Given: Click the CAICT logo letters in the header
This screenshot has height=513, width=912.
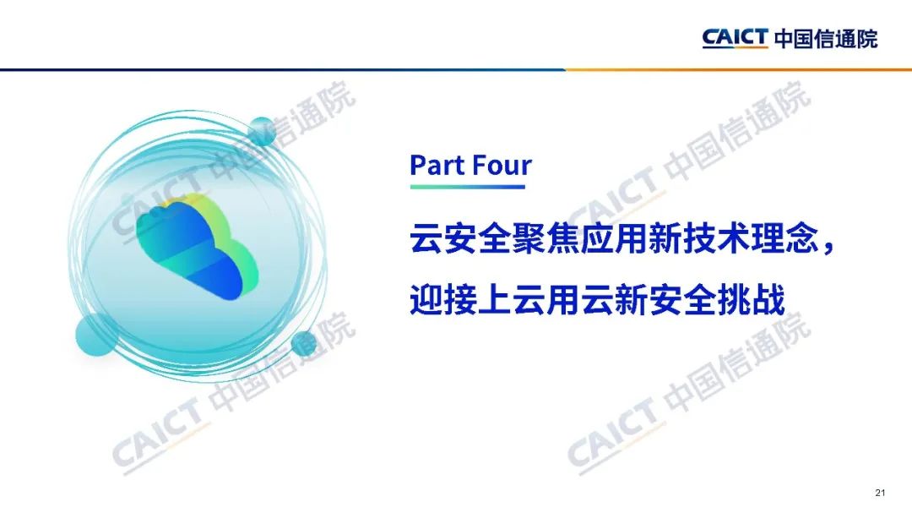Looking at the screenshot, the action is point(736,38).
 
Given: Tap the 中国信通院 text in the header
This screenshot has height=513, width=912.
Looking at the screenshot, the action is point(826,38).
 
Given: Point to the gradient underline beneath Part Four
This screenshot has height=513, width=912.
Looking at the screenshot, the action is point(468,187).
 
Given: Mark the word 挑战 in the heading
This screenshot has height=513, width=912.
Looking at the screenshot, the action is point(752,299).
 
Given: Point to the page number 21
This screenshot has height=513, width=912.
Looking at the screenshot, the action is point(880,493).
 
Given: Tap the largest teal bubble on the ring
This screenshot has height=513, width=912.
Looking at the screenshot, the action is point(96,334).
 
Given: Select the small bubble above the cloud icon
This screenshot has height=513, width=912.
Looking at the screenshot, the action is point(263,131).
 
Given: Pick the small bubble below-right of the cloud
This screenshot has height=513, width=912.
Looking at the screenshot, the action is point(304,344).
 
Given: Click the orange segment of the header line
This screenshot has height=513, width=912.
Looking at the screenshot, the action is point(739,70).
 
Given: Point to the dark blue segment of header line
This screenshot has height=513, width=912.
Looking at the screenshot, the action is point(283,70).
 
